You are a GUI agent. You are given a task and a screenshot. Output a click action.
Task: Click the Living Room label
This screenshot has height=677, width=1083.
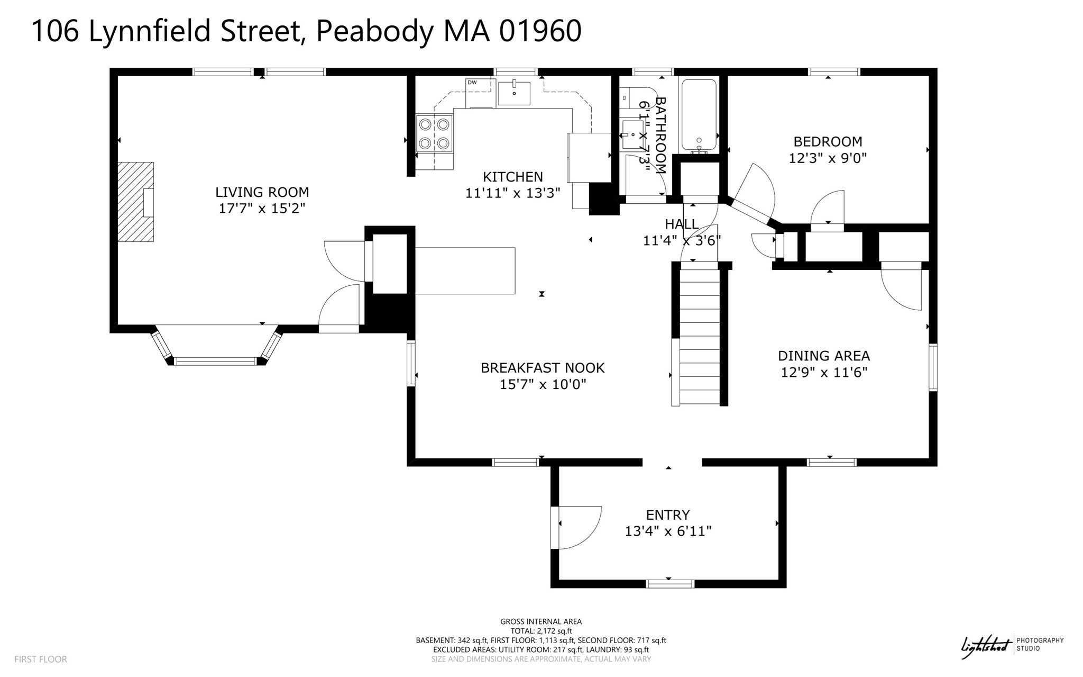click(x=262, y=192)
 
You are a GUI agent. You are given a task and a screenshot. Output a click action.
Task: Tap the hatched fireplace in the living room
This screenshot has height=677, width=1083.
click(x=135, y=202)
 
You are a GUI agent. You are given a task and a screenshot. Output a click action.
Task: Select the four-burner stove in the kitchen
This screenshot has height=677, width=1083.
click(x=434, y=133)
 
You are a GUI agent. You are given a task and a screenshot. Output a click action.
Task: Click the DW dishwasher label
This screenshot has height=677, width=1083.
click(x=472, y=83)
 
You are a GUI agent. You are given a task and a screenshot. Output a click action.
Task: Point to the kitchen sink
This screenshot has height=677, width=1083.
click(x=513, y=94)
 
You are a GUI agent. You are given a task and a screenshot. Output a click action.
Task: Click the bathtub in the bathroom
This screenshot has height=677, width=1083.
click(x=699, y=115)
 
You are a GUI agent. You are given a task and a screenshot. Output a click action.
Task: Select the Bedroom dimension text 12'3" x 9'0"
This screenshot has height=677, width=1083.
click(x=828, y=158)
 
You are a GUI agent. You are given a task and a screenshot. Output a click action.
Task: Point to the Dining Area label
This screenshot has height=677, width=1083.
click(x=823, y=356)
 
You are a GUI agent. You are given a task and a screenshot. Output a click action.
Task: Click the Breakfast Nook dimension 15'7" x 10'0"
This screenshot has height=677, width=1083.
click(x=543, y=384)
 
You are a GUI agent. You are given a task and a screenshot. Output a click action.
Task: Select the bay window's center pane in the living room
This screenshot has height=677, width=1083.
click(x=215, y=362)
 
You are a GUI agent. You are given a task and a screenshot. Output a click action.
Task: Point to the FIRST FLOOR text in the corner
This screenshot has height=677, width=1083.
click(x=41, y=659)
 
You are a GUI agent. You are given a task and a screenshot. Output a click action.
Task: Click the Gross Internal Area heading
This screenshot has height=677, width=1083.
click(x=541, y=621)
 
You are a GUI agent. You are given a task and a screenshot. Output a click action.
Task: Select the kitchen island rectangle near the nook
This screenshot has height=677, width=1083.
click(x=465, y=270)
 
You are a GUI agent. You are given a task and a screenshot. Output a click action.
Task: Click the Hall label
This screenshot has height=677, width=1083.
click(x=682, y=224)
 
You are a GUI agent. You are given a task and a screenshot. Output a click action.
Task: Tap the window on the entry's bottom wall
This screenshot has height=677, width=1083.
click(x=670, y=584)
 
